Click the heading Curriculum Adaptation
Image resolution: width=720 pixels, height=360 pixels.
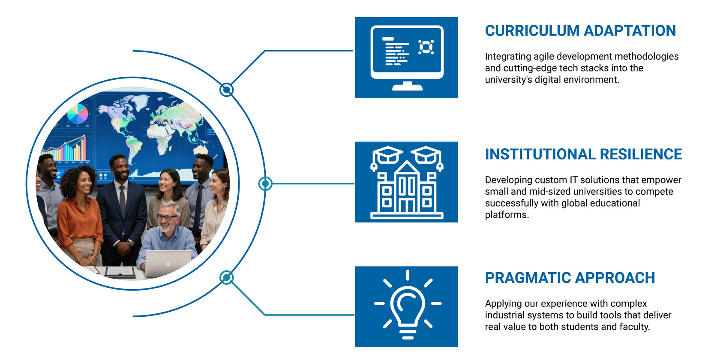[580, 31]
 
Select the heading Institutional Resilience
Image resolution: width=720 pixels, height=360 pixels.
[583, 154]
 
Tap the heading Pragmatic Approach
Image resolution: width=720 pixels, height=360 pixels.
[570, 278]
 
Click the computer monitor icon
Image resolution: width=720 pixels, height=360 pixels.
[406, 57]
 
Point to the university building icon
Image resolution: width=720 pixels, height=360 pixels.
[406, 183]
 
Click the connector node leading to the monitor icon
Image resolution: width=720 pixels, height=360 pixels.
[226, 90]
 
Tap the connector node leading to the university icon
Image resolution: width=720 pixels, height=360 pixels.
[265, 183]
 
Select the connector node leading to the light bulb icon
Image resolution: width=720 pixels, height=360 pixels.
[226, 277]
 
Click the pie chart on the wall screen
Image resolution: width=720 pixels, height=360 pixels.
[78, 114]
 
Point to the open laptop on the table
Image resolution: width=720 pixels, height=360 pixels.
[168, 262]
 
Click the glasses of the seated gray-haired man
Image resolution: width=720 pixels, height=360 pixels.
[167, 217]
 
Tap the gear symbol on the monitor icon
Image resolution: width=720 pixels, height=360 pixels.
[426, 47]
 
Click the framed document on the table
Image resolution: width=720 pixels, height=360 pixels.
[120, 272]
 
